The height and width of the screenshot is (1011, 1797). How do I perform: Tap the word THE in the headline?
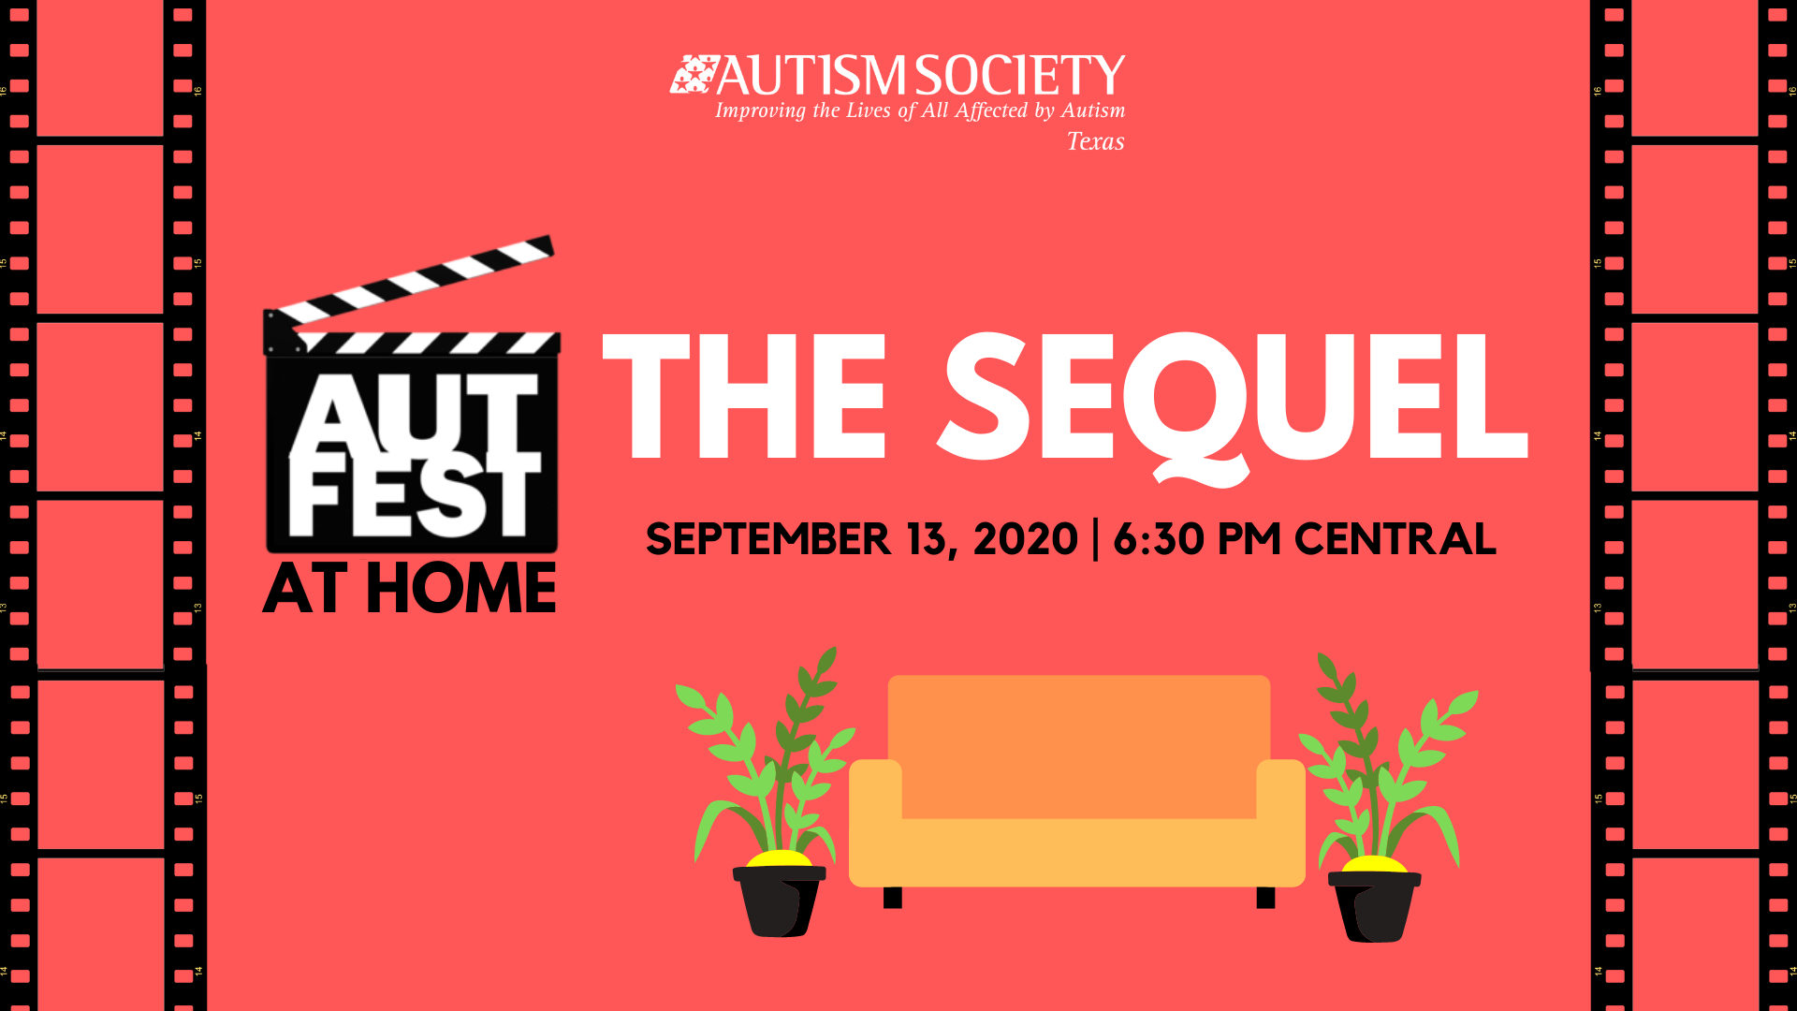[x=745, y=397]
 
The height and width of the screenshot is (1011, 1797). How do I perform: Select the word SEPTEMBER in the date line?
[x=768, y=539]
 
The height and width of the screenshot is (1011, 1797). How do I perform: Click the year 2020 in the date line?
[x=1026, y=539]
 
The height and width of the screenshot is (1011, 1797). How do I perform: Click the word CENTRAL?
[x=1395, y=539]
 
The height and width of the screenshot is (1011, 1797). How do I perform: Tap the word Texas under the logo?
[x=1096, y=141]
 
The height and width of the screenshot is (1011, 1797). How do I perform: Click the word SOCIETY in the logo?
[x=1020, y=76]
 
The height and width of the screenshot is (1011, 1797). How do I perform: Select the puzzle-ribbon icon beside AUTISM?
[x=694, y=75]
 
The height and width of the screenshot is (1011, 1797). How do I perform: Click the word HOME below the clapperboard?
[x=461, y=589]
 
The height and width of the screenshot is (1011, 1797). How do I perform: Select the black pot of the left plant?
[x=779, y=901]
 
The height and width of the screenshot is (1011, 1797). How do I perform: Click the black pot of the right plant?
[x=1374, y=906]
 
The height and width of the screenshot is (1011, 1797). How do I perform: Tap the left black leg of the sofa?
[x=893, y=898]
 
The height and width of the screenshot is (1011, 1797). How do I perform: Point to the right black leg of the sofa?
[x=1265, y=898]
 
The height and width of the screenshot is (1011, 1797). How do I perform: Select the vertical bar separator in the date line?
[x=1096, y=540]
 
